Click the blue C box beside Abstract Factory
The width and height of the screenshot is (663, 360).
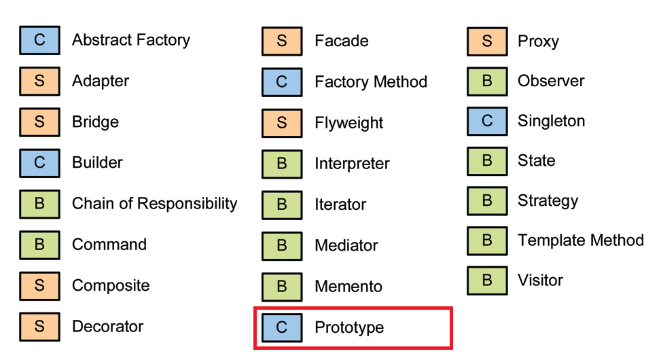(39, 41)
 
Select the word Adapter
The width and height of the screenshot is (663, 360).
(101, 82)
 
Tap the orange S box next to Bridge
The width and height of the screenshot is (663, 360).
(39, 122)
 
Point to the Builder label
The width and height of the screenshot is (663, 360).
(97, 163)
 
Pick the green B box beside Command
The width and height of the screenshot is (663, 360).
(39, 245)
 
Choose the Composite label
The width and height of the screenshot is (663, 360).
(111, 285)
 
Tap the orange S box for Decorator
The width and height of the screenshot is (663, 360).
(39, 327)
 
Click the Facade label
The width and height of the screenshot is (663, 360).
(341, 41)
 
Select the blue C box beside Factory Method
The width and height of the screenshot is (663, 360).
(282, 82)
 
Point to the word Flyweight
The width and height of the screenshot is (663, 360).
(348, 124)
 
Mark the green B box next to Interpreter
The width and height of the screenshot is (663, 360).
(282, 164)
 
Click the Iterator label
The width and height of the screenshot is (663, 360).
(340, 204)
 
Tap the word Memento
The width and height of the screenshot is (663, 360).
(348, 287)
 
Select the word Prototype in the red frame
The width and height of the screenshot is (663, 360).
(349, 328)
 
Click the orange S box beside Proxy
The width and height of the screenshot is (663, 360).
(487, 41)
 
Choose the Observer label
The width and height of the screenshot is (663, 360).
(551, 82)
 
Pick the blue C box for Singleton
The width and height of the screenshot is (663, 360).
(487, 122)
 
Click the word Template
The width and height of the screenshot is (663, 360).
(547, 240)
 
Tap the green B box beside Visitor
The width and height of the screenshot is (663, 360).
(487, 281)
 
